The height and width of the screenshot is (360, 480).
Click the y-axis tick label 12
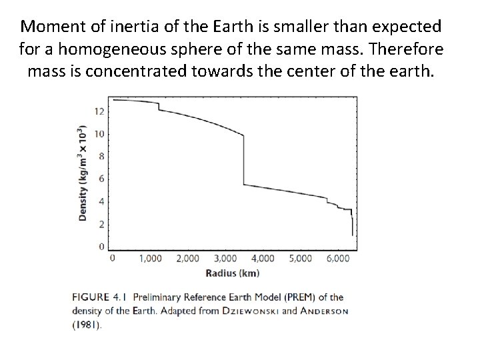[x=99, y=111]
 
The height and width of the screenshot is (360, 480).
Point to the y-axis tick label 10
[x=99, y=134]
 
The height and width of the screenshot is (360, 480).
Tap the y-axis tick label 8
[x=101, y=157]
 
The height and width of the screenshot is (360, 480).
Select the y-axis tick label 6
[x=101, y=179]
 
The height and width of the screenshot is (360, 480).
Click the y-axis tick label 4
[x=101, y=202]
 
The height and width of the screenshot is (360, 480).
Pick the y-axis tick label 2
[x=101, y=224]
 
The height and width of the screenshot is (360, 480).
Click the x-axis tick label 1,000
[x=150, y=258]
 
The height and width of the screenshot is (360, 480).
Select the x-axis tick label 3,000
[x=225, y=258]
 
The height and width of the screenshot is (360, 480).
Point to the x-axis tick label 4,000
[x=263, y=258]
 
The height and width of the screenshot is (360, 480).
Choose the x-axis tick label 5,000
[x=300, y=258]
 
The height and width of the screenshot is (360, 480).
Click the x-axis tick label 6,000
[x=337, y=258]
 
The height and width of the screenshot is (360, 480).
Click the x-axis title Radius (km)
[x=233, y=273]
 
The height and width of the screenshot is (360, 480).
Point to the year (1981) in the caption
[x=88, y=325]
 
